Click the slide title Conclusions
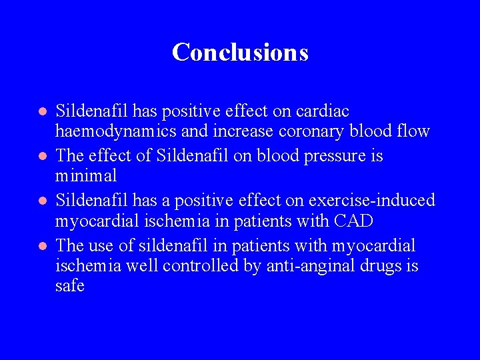(240, 52)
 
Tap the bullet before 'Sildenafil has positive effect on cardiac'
(41, 111)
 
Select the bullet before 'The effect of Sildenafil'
(41, 156)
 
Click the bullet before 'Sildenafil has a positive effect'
(41, 201)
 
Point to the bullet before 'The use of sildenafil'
(41, 246)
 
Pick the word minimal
(86, 176)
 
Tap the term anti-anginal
(298, 267)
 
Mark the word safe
(70, 287)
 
